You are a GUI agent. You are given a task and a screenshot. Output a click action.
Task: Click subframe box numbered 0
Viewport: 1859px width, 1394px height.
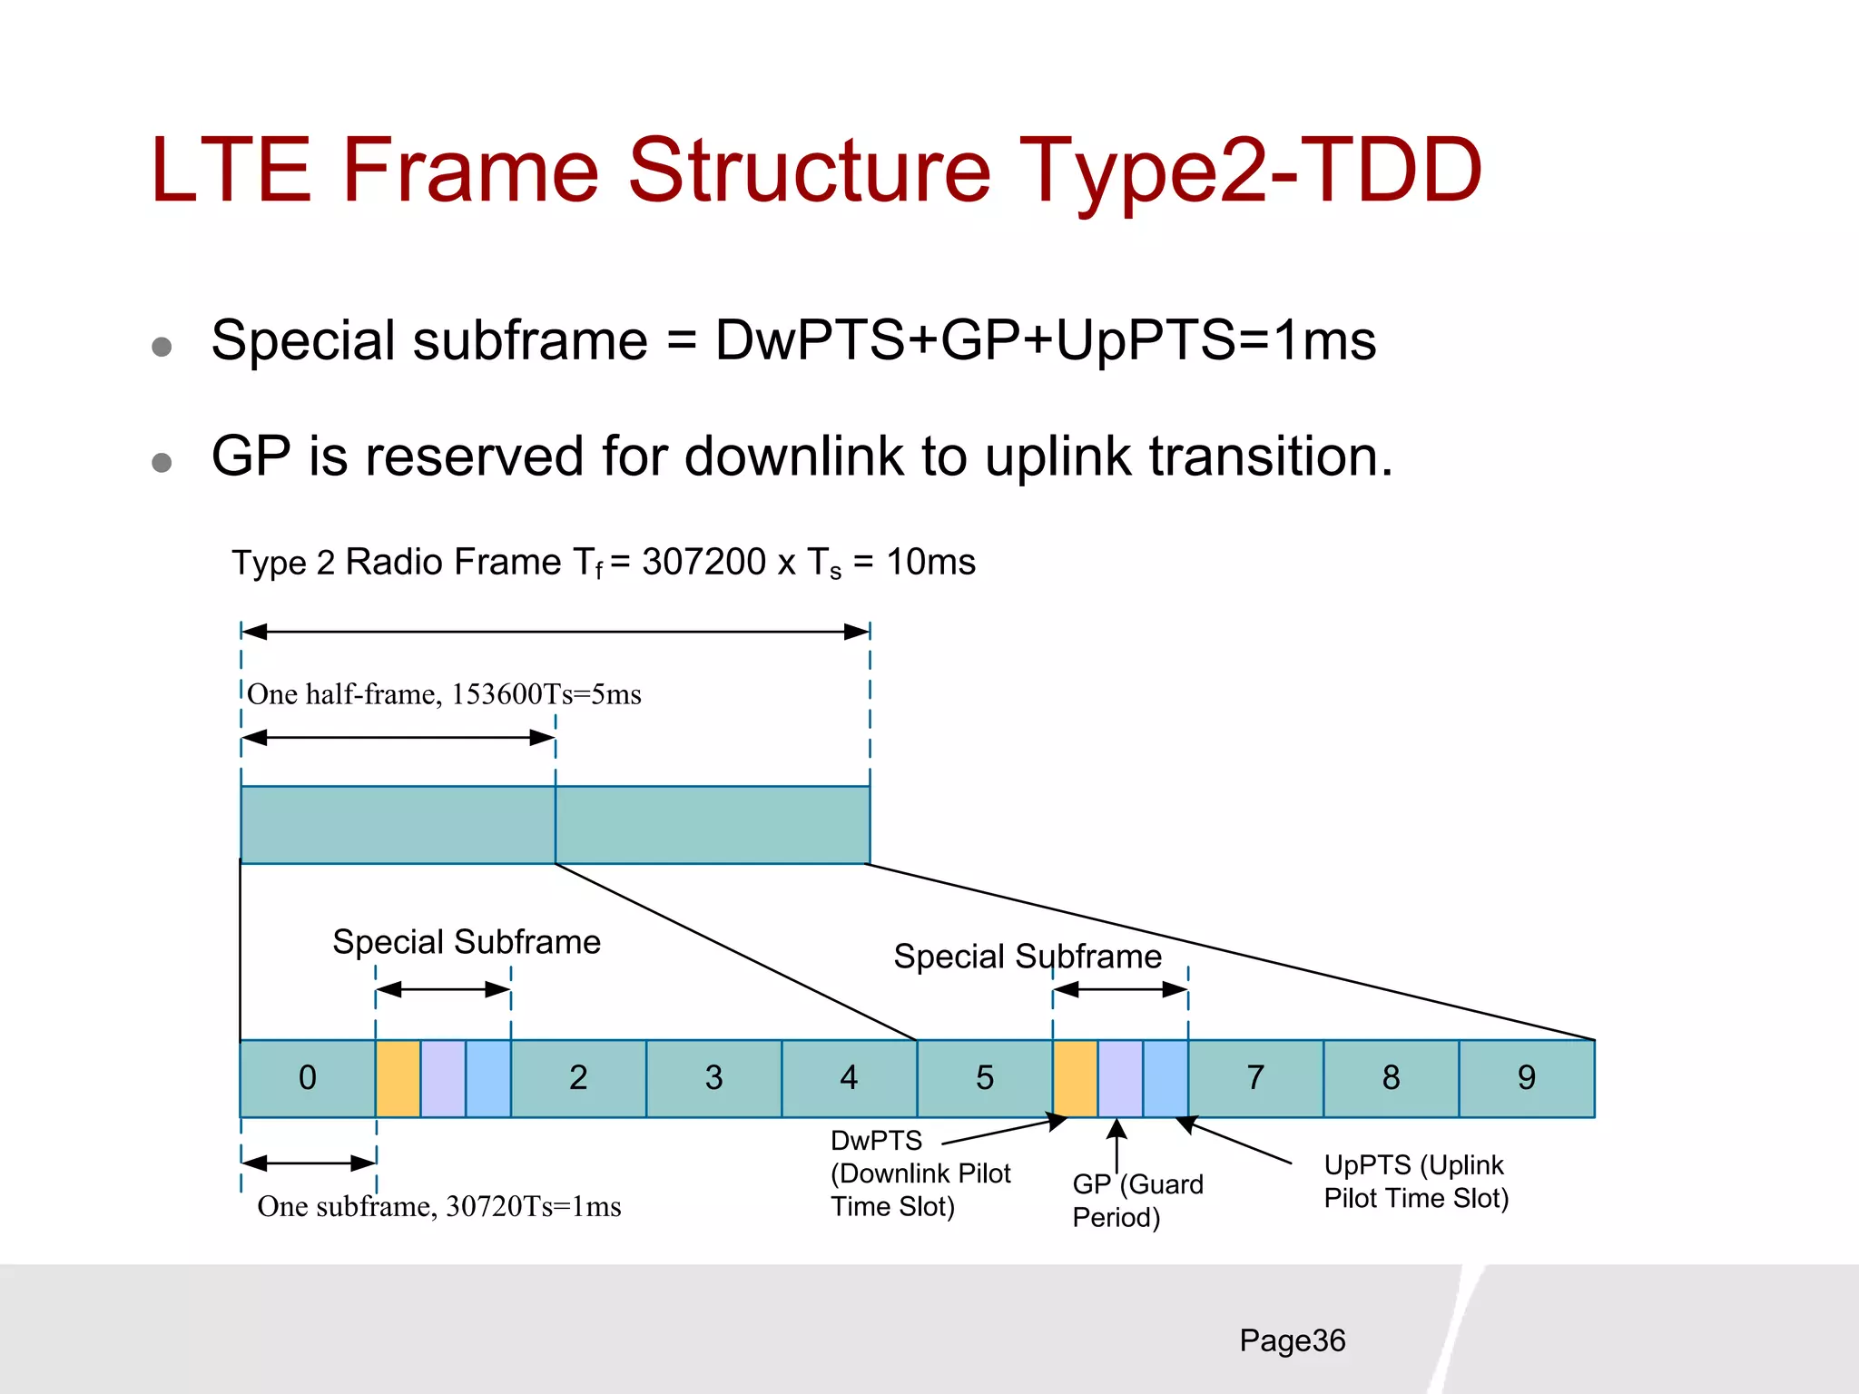[308, 1078]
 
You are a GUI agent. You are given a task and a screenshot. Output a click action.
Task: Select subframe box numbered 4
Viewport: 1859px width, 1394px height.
[849, 1078]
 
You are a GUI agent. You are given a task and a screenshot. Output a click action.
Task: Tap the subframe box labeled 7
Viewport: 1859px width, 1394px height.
[1255, 1078]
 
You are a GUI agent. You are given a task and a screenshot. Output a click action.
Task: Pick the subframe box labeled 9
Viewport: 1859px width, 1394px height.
[1527, 1078]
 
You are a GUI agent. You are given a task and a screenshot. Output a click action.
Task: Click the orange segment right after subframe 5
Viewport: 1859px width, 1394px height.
[1076, 1078]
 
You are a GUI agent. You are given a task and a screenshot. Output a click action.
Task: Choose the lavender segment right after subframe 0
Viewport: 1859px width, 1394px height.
[443, 1078]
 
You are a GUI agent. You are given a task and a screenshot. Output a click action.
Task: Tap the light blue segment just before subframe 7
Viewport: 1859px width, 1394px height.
[1166, 1078]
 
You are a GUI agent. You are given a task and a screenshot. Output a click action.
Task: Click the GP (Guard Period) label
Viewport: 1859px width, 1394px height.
[1136, 1200]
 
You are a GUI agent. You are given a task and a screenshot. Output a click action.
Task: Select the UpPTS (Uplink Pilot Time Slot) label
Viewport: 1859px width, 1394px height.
[1415, 1182]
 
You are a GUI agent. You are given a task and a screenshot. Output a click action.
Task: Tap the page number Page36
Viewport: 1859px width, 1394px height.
[1292, 1340]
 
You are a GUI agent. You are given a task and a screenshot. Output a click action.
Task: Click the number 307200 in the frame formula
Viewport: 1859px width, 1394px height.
[703, 563]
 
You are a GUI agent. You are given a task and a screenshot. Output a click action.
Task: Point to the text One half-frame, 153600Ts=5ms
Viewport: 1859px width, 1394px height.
[444, 694]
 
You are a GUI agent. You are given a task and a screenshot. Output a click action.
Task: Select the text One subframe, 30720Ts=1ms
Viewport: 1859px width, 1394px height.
[439, 1206]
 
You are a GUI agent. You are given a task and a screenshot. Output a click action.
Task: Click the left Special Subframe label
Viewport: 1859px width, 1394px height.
[466, 942]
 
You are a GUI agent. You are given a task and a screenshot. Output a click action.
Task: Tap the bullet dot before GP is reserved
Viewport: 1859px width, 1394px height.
[162, 463]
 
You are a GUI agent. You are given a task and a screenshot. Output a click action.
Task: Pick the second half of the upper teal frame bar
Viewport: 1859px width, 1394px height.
[713, 824]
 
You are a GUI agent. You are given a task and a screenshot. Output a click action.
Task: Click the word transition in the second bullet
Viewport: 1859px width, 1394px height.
[1271, 456]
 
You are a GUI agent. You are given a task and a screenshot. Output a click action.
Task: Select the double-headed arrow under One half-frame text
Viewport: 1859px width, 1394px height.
[398, 738]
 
